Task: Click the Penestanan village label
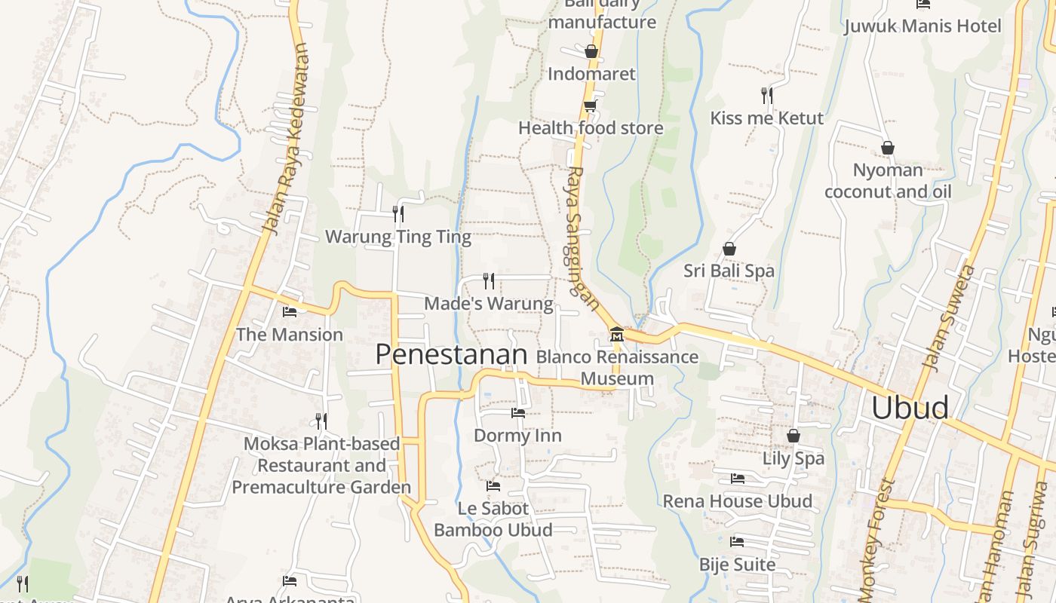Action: (x=451, y=354)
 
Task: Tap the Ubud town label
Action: (x=910, y=407)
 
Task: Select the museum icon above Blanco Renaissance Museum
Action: (x=616, y=334)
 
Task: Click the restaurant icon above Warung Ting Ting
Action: (x=398, y=214)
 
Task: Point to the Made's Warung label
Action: (x=489, y=304)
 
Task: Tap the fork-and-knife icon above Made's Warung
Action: (x=489, y=281)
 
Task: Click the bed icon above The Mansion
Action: (x=290, y=312)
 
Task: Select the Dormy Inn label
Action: (x=517, y=436)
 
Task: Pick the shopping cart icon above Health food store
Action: (x=591, y=106)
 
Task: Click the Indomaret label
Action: (x=591, y=74)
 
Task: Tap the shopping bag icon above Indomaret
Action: (x=591, y=51)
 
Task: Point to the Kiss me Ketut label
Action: (x=766, y=118)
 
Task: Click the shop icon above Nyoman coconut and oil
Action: (x=888, y=148)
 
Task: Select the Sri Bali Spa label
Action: (x=729, y=271)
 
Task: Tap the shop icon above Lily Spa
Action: (x=793, y=436)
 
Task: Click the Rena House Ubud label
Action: (x=737, y=501)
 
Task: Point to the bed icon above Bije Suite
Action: (x=737, y=541)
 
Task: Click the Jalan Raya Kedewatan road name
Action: (x=286, y=139)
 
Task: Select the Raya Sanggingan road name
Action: (x=582, y=237)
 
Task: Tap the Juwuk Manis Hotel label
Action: (x=922, y=26)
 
